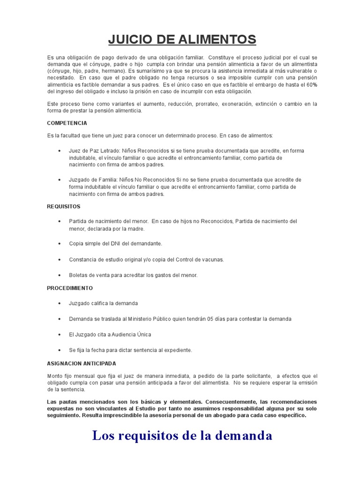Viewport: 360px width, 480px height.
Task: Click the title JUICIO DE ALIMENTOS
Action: click(x=182, y=39)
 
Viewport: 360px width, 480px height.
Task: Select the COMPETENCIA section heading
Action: click(x=67, y=123)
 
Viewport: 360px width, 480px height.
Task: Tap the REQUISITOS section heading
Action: click(x=64, y=206)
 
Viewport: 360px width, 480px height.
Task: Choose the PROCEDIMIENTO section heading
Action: click(x=70, y=288)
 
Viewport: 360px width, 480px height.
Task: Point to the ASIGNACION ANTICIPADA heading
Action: click(x=82, y=363)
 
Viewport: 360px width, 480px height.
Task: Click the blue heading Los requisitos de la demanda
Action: click(x=182, y=435)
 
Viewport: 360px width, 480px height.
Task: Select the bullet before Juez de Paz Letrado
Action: click(x=59, y=150)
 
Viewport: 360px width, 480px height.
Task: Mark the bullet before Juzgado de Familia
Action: click(x=59, y=180)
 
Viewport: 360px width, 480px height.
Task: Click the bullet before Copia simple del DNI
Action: click(x=59, y=244)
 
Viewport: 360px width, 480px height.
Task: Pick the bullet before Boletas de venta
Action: click(x=59, y=275)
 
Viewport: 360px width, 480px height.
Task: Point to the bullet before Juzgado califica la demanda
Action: click(x=59, y=303)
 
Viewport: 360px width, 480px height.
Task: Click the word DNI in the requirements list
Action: click(x=122, y=244)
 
